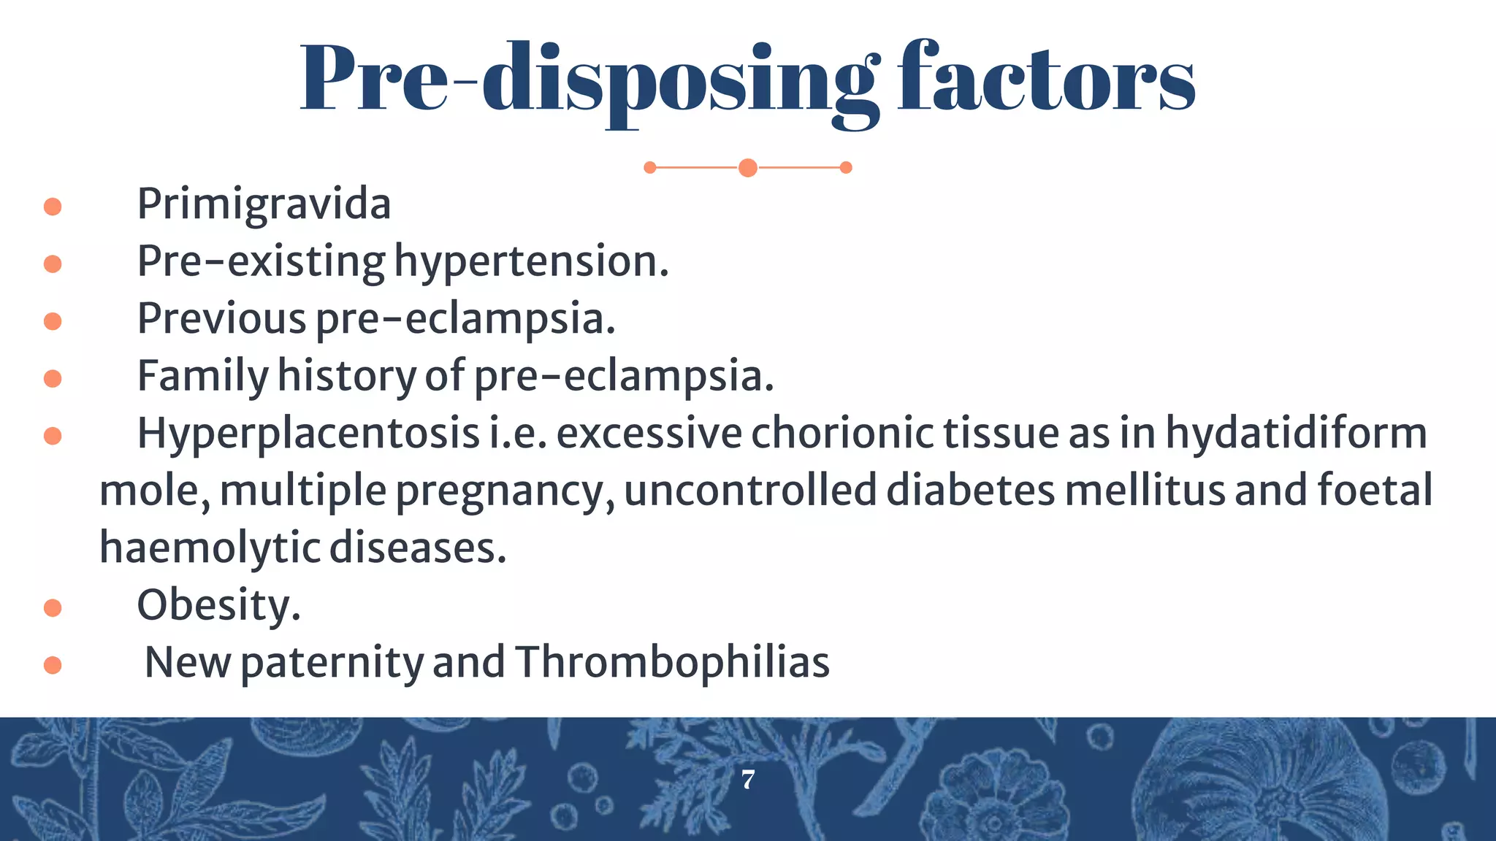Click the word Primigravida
click(264, 205)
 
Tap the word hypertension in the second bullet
click(531, 262)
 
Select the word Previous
click(221, 319)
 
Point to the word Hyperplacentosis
click(308, 434)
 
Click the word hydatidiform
click(1295, 434)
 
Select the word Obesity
click(218, 606)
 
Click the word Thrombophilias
click(672, 663)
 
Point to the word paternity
click(332, 663)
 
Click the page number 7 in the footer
click(748, 780)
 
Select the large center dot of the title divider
click(747, 168)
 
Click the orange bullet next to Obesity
click(53, 607)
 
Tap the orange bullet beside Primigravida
click(53, 207)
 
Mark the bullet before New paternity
click(53, 665)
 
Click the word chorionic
click(842, 434)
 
